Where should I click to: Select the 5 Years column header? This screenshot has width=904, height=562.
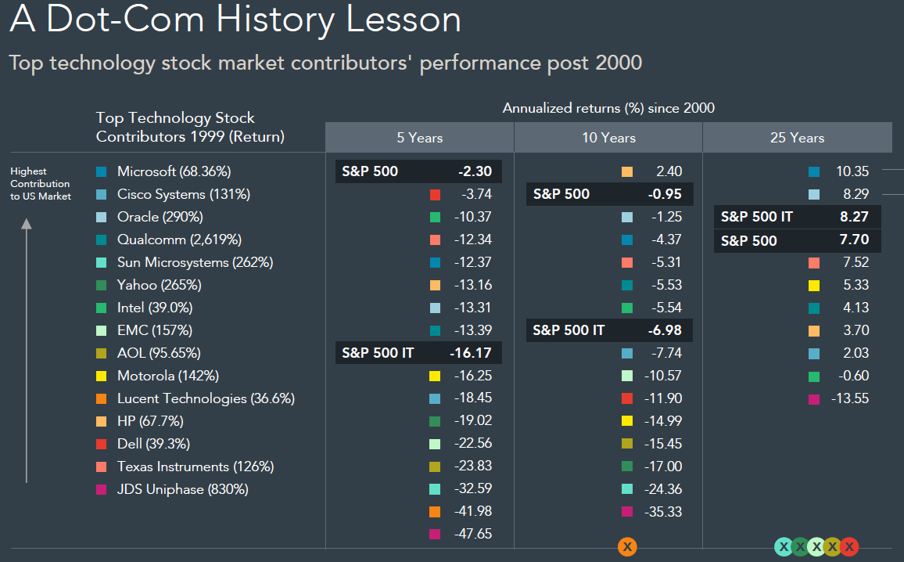coord(419,138)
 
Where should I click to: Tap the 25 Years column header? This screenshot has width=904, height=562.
coord(797,138)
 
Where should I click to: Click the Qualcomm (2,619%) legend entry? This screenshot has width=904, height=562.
coord(179,240)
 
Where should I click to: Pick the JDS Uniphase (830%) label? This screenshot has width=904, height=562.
coord(182,489)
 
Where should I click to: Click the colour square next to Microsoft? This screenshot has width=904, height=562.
coord(101,171)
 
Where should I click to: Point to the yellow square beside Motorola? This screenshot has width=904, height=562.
coord(101,376)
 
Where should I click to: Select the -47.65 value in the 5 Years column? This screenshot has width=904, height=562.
coord(472,535)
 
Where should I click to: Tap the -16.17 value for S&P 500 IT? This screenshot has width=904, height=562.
coord(471,353)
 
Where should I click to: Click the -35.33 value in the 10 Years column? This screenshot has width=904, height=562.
coord(662,512)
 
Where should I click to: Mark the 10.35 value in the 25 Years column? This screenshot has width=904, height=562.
coord(851,171)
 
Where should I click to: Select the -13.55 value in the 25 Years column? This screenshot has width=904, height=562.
coord(850,398)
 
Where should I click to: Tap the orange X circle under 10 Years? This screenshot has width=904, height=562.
coord(627,547)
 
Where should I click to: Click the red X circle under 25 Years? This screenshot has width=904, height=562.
coord(848,547)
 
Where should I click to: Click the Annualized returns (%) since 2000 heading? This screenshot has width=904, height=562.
coord(608,108)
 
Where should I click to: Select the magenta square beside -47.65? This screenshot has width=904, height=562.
coord(436,535)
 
